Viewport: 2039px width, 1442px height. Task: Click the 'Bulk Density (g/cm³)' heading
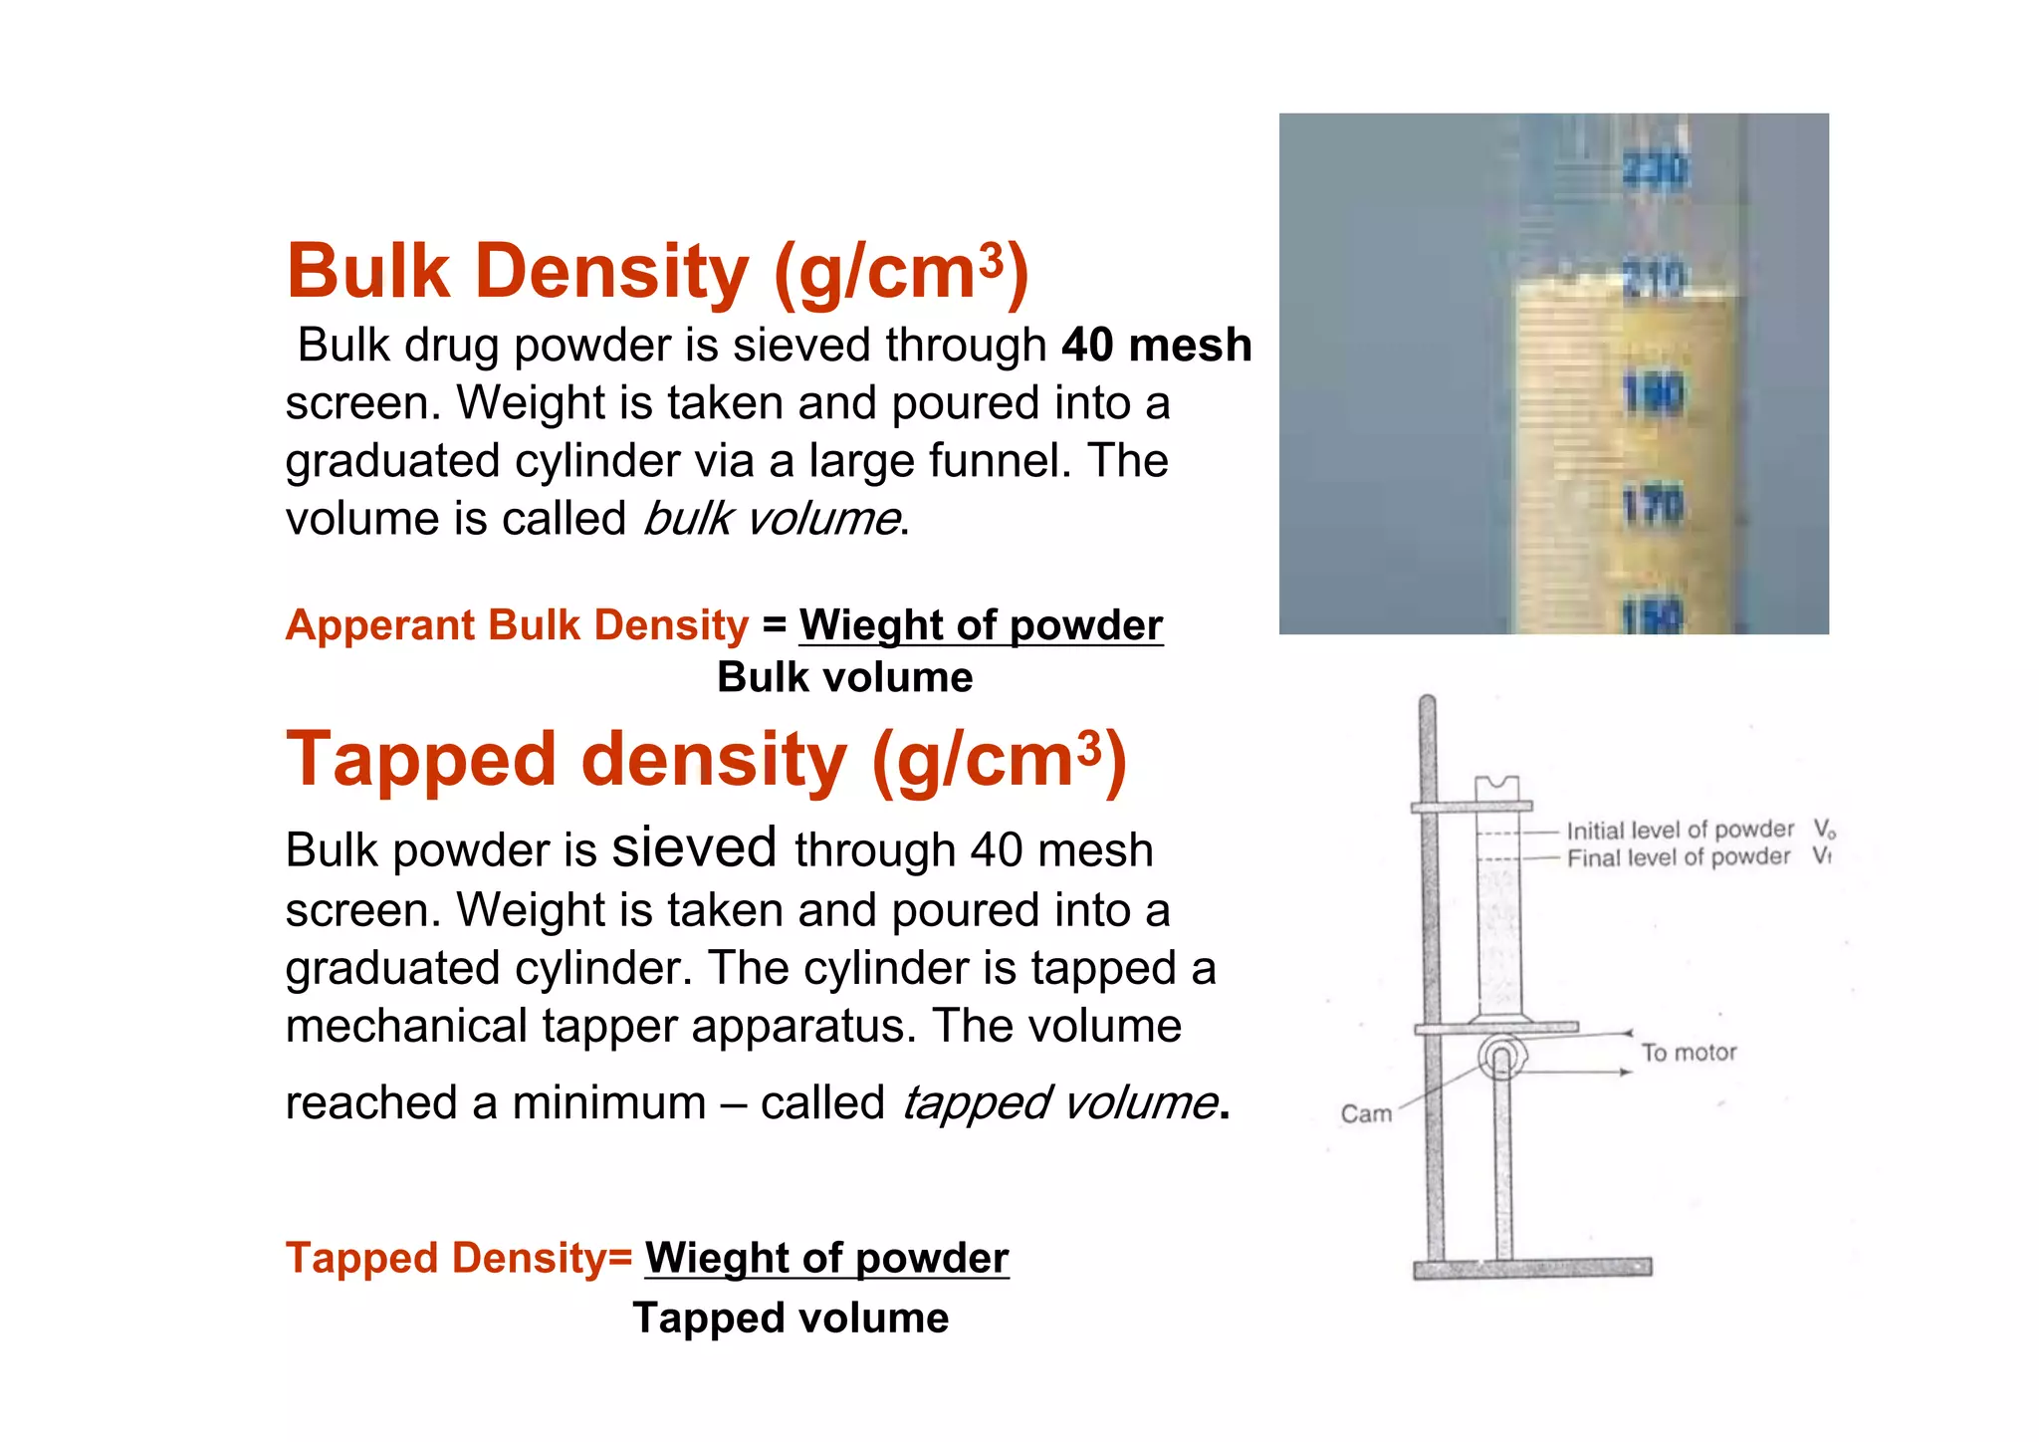[657, 271]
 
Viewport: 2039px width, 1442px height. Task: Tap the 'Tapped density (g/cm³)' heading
[706, 759]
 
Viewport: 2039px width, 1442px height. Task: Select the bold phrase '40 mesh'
[1156, 345]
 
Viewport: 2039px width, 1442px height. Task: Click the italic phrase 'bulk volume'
[772, 519]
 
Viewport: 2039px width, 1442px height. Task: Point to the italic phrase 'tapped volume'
[1059, 1102]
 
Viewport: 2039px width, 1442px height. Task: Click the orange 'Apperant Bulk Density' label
[517, 625]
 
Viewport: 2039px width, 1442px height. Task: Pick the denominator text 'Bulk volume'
[844, 677]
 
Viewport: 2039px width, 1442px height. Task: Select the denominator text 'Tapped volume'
[791, 1318]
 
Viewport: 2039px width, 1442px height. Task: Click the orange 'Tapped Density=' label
[459, 1258]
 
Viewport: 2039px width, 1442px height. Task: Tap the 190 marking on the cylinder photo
[1653, 394]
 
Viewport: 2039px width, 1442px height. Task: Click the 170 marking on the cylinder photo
[1653, 507]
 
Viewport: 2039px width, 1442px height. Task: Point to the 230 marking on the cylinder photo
[1655, 169]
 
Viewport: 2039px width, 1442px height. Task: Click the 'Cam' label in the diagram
[1366, 1113]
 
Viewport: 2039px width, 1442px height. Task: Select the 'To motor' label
[1689, 1053]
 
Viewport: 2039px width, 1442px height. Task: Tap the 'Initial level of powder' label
[1680, 830]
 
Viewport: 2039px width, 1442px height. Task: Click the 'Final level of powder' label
[1678, 857]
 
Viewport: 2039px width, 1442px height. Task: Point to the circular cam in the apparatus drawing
[1500, 1057]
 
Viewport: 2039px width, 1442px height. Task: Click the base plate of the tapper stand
[1532, 1268]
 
